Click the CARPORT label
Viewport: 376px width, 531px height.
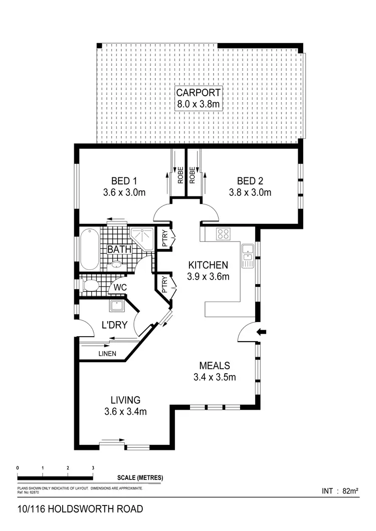click(199, 93)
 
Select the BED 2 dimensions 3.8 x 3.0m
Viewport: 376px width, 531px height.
click(250, 192)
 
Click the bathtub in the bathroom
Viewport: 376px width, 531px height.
click(89, 248)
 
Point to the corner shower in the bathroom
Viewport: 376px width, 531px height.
click(142, 236)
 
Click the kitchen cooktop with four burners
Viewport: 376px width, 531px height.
click(223, 234)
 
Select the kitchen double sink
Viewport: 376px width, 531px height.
click(247, 255)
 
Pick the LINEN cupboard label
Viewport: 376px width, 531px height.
click(107, 354)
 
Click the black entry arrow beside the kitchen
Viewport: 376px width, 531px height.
click(262, 331)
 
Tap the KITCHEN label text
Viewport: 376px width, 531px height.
click(208, 266)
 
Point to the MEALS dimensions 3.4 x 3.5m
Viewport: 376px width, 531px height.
click(215, 377)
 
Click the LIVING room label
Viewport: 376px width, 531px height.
click(125, 400)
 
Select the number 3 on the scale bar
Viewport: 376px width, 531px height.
click(93, 467)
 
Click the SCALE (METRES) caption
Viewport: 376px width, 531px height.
click(140, 478)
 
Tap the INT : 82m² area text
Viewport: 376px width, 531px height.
click(339, 491)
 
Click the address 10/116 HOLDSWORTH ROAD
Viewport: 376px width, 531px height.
click(80, 509)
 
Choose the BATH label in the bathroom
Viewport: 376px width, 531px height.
click(119, 248)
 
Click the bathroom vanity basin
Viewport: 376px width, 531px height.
click(117, 265)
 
